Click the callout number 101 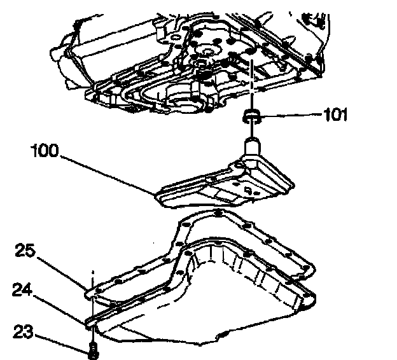click(x=335, y=116)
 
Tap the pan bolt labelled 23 click(x=94, y=348)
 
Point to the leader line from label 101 click(x=293, y=115)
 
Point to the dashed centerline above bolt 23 click(x=94, y=280)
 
